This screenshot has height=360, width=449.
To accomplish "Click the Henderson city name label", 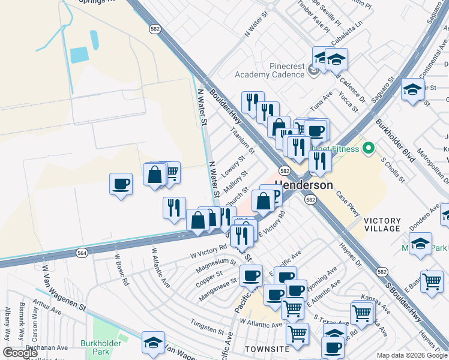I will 304,185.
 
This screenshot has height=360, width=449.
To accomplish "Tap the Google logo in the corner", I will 20,353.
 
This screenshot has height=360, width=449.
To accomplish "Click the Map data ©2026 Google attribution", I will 412,355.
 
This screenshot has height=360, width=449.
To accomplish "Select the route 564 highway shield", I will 81,254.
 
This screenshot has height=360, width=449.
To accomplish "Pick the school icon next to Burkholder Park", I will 153,343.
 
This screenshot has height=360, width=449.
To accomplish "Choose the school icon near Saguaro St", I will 412,90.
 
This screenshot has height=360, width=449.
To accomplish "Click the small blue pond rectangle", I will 79,55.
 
